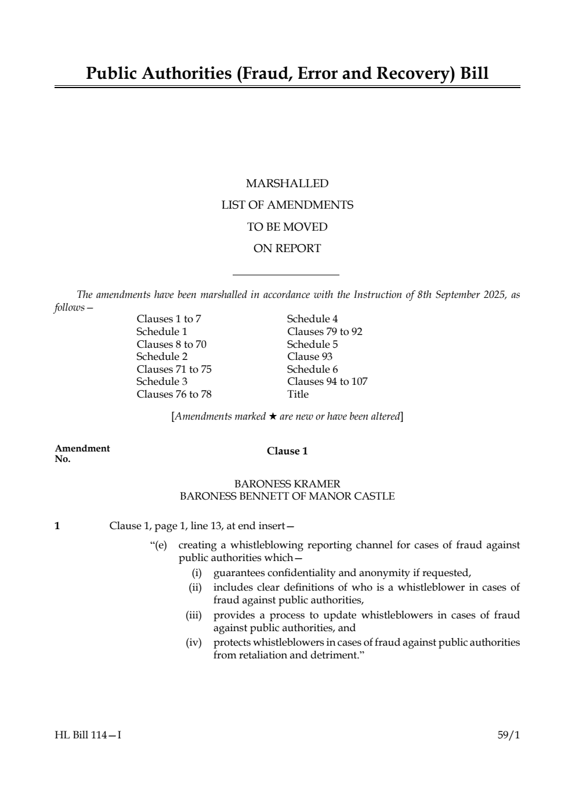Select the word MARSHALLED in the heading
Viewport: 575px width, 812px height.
point(287,184)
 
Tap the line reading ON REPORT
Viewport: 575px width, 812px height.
point(287,249)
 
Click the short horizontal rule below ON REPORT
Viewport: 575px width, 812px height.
point(285,275)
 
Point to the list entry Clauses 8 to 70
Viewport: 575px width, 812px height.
point(171,344)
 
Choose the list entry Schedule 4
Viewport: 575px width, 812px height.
point(312,319)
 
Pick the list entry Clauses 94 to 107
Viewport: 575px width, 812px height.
point(327,381)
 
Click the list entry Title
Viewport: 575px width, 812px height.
point(298,394)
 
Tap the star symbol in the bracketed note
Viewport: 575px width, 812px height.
point(273,416)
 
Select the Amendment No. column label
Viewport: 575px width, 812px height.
point(82,453)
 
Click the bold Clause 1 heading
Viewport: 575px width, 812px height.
point(287,451)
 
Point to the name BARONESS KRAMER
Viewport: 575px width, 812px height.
point(287,483)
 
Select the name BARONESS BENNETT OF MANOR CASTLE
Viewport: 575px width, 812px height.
point(287,496)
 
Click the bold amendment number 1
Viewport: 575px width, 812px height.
point(57,526)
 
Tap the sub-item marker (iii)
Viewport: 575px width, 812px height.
point(193,615)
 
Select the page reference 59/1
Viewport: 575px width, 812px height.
point(509,735)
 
